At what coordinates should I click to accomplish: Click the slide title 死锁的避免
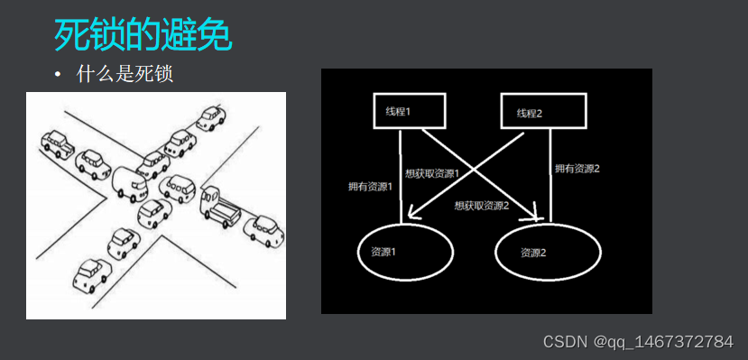143,35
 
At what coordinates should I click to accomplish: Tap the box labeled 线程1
398,111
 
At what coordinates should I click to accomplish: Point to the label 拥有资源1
369,187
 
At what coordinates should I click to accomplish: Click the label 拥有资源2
577,169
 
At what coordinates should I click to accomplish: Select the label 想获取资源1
433,173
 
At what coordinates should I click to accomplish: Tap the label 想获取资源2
482,206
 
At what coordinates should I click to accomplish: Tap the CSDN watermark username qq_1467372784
662,342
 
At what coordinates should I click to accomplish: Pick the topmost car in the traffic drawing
211,118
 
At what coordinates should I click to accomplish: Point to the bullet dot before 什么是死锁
59,74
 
